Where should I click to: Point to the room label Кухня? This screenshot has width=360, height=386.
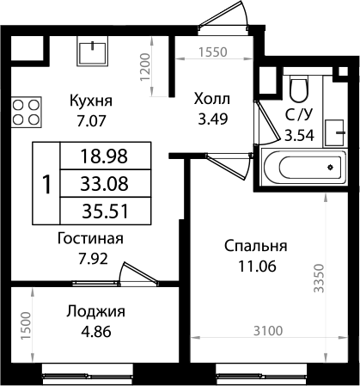pos(92,100)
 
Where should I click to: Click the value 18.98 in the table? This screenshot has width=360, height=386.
pos(102,156)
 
